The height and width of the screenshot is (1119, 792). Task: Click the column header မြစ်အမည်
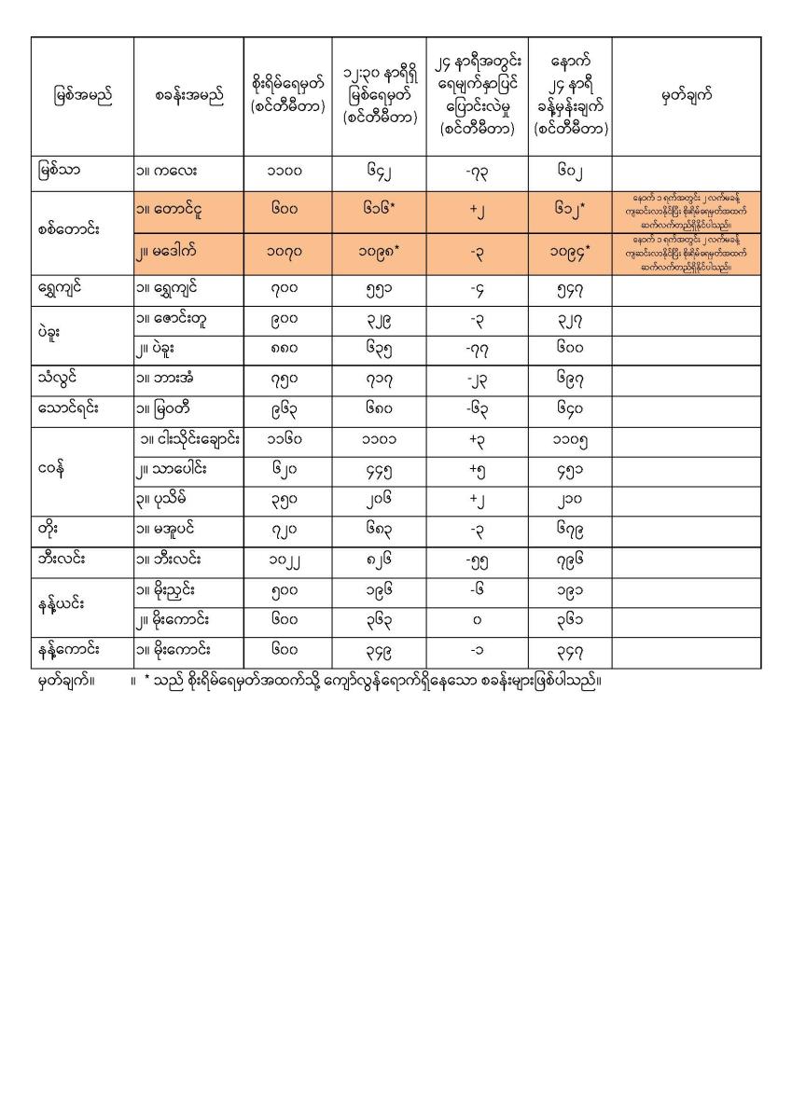pos(82,96)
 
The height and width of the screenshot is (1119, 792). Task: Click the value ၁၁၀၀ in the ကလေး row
pos(287,172)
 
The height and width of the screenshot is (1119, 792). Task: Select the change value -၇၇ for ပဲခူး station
pos(477,349)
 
